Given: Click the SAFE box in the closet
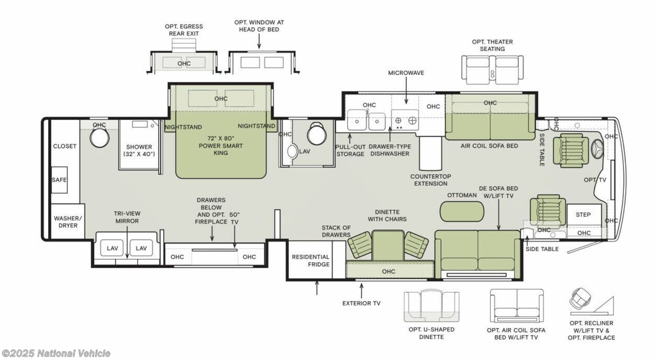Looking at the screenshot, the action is tap(59, 180).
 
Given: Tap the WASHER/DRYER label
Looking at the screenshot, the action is tap(68, 222).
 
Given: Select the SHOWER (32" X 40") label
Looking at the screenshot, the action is tap(139, 151).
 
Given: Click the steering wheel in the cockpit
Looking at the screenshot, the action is tap(598, 148).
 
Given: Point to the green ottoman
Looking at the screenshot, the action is tap(462, 211).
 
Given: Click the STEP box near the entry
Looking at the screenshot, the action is tap(584, 215).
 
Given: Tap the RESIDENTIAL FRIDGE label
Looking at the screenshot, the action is tap(311, 261).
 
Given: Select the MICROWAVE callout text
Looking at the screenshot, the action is tap(406, 73).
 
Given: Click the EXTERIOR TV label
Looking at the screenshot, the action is tap(361, 303).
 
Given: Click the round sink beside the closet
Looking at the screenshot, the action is tap(99, 138).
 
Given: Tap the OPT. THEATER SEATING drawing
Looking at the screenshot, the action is tap(493, 69).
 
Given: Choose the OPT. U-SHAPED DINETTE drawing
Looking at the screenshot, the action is tap(431, 306).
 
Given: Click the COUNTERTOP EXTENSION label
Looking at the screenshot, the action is tap(430, 180).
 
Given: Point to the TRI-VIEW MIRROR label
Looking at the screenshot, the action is tap(127, 217).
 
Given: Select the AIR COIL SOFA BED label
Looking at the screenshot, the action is tap(489, 146).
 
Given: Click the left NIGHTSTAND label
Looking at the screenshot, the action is tap(183, 127).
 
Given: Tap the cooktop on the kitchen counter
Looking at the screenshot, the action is tap(405, 120).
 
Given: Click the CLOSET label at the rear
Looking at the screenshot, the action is tap(65, 146).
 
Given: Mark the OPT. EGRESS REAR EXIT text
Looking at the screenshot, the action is tap(184, 30).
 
